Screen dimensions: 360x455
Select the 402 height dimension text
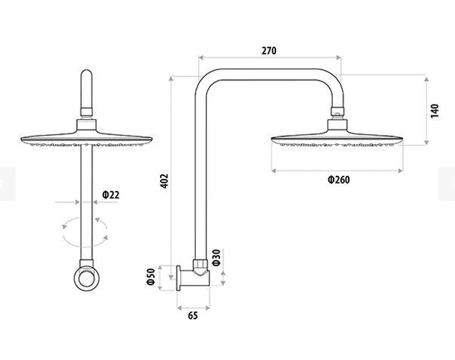pyautogui.click(x=165, y=180)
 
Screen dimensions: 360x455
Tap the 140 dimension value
pyautogui.click(x=435, y=111)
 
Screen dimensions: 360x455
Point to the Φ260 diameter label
pyautogui.click(x=338, y=180)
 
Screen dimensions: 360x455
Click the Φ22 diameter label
pyautogui.click(x=110, y=195)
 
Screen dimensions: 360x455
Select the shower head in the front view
pyautogui.click(x=86, y=137)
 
